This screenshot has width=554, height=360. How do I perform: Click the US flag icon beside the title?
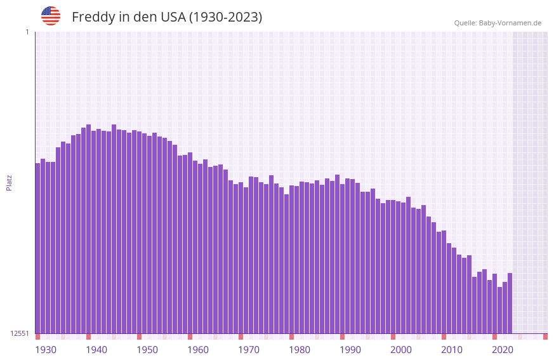[x=51, y=16]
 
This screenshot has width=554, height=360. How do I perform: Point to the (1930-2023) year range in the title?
[x=225, y=17]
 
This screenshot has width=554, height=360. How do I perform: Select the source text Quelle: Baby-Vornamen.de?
[x=498, y=23]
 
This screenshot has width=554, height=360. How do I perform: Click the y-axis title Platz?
[x=9, y=182]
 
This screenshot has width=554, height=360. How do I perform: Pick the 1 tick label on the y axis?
[x=27, y=32]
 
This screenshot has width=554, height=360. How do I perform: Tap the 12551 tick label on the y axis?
[x=20, y=333]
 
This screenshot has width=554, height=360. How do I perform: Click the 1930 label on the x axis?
[x=46, y=350]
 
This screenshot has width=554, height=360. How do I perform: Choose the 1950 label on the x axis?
[x=147, y=350]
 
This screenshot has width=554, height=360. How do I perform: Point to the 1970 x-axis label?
[x=249, y=350]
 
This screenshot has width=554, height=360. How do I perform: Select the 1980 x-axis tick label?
[x=300, y=350]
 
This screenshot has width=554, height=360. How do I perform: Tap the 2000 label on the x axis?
[x=401, y=350]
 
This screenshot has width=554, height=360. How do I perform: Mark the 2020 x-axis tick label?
[x=503, y=350]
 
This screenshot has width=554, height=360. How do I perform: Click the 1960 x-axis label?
[x=198, y=350]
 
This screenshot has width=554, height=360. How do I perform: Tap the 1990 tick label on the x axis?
[x=350, y=350]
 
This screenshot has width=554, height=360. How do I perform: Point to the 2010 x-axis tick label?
[x=452, y=350]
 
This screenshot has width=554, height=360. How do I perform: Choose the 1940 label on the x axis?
[x=96, y=350]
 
